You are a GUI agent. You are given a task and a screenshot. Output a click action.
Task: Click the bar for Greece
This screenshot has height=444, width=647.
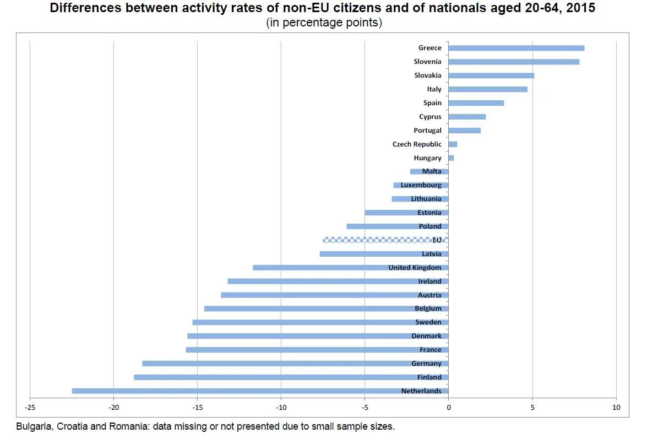(516, 48)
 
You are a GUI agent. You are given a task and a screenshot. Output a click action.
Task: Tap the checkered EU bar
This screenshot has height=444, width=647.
(380, 240)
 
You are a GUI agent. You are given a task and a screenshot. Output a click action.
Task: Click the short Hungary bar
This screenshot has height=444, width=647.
(451, 158)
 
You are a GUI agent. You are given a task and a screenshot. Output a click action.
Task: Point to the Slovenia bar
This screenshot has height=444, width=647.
(514, 62)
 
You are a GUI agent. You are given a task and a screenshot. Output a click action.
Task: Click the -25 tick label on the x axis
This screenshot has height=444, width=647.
(30, 408)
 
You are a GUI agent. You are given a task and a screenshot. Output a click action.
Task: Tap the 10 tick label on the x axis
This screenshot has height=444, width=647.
(616, 408)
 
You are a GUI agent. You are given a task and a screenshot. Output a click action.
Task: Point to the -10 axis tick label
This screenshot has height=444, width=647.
(281, 408)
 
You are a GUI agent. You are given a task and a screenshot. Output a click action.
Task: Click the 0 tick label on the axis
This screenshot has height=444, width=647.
(449, 408)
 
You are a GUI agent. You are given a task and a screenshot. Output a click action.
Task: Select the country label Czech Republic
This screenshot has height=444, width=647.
(417, 144)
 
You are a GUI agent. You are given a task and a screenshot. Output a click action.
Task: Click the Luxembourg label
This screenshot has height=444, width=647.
(421, 185)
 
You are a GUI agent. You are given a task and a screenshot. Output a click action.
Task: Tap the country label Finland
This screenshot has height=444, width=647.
(429, 377)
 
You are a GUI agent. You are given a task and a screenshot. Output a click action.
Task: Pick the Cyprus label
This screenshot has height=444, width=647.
(430, 117)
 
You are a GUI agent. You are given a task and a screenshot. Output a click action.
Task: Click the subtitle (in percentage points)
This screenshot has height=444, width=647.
(324, 23)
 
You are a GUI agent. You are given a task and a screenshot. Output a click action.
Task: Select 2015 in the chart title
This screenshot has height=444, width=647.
(581, 8)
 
